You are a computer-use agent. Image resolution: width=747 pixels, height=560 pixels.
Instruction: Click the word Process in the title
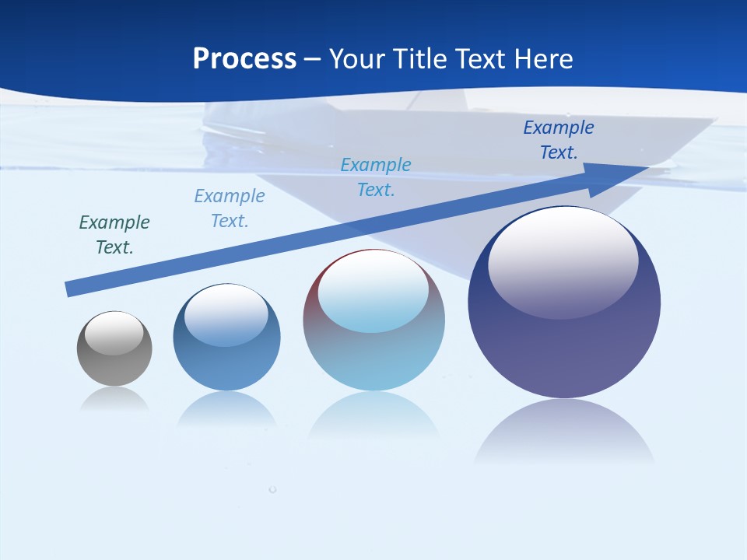tap(244, 59)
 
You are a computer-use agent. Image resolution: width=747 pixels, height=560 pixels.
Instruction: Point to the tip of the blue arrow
tap(647, 168)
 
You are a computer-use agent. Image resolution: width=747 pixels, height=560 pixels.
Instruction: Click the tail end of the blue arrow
tap(68, 289)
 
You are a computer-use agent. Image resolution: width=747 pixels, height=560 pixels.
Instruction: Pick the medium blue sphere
tap(226, 338)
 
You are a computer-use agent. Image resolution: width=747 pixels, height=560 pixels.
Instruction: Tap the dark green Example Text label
tap(114, 235)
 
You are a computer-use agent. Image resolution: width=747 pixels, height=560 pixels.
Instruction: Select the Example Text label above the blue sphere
tap(230, 208)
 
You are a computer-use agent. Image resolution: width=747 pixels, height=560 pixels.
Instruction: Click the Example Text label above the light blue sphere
tap(376, 177)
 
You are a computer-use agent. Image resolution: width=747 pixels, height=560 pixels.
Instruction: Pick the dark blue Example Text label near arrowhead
tap(559, 140)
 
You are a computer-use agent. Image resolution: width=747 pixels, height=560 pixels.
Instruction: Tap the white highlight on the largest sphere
tap(563, 262)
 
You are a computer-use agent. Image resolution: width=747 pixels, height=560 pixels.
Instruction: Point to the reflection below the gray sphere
tap(114, 400)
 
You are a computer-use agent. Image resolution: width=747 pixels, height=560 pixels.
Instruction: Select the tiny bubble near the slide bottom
tap(272, 489)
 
